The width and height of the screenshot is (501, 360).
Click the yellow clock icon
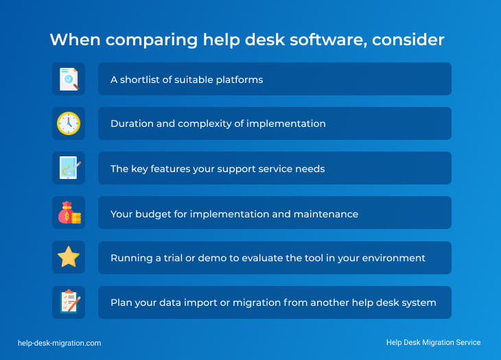point(69,123)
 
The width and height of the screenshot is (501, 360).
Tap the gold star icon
point(69,256)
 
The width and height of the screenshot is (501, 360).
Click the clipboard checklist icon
point(70,300)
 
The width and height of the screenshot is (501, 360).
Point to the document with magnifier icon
point(69,79)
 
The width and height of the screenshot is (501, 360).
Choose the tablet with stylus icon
point(70,167)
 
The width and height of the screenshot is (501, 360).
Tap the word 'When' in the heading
point(75,40)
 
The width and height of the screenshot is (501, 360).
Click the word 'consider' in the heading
point(408,40)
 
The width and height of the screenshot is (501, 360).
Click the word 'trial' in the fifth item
point(173,258)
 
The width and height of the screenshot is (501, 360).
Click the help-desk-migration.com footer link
point(60,343)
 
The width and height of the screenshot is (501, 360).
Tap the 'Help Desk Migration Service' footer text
point(433,342)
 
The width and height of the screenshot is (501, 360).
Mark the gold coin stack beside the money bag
point(76,218)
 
